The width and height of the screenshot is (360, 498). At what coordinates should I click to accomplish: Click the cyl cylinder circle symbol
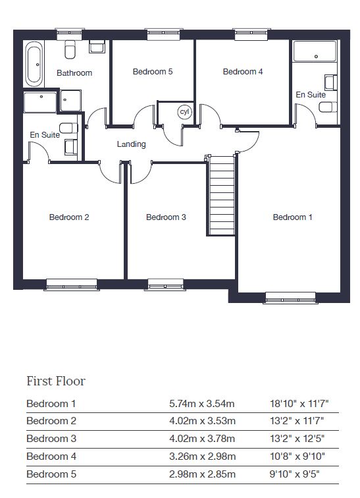click(x=184, y=112)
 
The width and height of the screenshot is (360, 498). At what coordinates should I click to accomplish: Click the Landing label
click(x=132, y=144)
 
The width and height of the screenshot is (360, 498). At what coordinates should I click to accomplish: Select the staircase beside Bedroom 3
click(x=220, y=195)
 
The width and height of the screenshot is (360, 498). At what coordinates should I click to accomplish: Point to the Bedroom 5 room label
click(x=153, y=72)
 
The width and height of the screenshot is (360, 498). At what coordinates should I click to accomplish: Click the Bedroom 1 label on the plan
click(x=292, y=217)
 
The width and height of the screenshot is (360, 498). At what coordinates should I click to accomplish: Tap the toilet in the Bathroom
click(x=70, y=49)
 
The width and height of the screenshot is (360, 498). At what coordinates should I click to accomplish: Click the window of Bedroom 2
click(x=71, y=285)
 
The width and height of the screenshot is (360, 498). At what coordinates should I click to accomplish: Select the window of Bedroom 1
click(x=290, y=298)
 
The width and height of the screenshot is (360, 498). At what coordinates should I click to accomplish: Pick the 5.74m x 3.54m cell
click(x=202, y=404)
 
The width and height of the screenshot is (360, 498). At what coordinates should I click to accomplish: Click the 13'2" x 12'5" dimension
click(x=297, y=439)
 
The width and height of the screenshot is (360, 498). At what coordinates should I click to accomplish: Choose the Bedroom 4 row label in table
click(x=51, y=456)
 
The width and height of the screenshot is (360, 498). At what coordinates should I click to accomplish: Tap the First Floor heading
click(x=56, y=381)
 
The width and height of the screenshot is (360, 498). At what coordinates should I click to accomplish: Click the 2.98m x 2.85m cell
click(x=202, y=474)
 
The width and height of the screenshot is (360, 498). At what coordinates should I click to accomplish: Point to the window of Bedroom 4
click(x=251, y=34)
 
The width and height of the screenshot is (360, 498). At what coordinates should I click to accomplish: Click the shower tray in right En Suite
click(x=315, y=51)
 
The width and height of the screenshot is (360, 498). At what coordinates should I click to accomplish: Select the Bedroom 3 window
click(x=166, y=285)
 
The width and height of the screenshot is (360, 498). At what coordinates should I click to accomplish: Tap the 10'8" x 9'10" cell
click(x=297, y=456)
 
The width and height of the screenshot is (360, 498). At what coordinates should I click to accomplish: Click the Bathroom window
click(x=70, y=34)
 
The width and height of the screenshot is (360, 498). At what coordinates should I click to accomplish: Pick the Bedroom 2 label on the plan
click(x=69, y=217)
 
